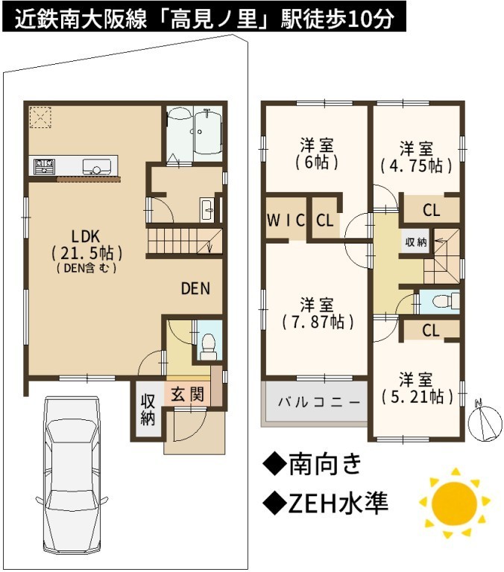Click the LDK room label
pyautogui.click(x=85, y=237)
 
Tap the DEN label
pyautogui.click(x=195, y=288)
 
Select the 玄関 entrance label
pyautogui.click(x=187, y=394)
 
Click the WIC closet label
pyautogui.click(x=286, y=220)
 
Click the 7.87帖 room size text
pyautogui.click(x=318, y=322)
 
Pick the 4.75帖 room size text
pyautogui.click(x=416, y=166)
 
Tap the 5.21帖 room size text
pyautogui.click(x=417, y=396)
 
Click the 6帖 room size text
pyautogui.click(x=316, y=162)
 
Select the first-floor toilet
pyautogui.click(x=209, y=347)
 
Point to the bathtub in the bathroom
pyautogui.click(x=207, y=133)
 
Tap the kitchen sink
pyautogui.click(x=97, y=167)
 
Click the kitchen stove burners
pyautogui.click(x=44, y=166)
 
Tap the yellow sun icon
pyautogui.click(x=454, y=503)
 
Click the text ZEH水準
pyautogui.click(x=325, y=503)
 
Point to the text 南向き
pyautogui.click(x=312, y=465)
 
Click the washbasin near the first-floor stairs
pyautogui.click(x=208, y=209)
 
